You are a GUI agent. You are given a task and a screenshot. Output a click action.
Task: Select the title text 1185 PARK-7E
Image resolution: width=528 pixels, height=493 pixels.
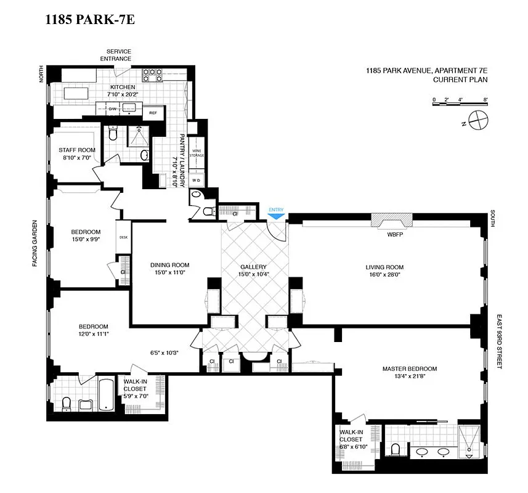click(x=90, y=20)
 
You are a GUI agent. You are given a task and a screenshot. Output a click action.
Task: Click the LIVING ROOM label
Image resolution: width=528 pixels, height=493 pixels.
click(x=384, y=267)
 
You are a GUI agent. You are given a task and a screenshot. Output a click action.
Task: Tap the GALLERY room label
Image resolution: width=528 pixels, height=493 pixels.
click(x=253, y=267)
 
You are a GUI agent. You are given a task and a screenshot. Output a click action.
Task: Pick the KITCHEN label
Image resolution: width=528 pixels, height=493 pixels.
click(x=122, y=87)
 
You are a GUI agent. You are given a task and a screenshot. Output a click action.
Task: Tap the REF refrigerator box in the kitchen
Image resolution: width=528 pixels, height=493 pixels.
click(x=153, y=113)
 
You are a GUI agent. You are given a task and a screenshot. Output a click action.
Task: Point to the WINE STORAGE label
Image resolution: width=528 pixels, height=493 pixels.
click(x=197, y=153)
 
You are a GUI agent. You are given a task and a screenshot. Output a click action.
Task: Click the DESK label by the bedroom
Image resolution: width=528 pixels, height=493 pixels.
click(x=123, y=237)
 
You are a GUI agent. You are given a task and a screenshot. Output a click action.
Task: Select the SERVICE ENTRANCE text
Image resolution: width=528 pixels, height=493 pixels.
click(x=119, y=55)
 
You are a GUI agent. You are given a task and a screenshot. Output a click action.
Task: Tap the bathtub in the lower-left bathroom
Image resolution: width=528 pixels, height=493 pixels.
click(x=105, y=394)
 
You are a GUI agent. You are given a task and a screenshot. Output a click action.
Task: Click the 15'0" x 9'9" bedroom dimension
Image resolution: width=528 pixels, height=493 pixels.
click(x=82, y=241)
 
